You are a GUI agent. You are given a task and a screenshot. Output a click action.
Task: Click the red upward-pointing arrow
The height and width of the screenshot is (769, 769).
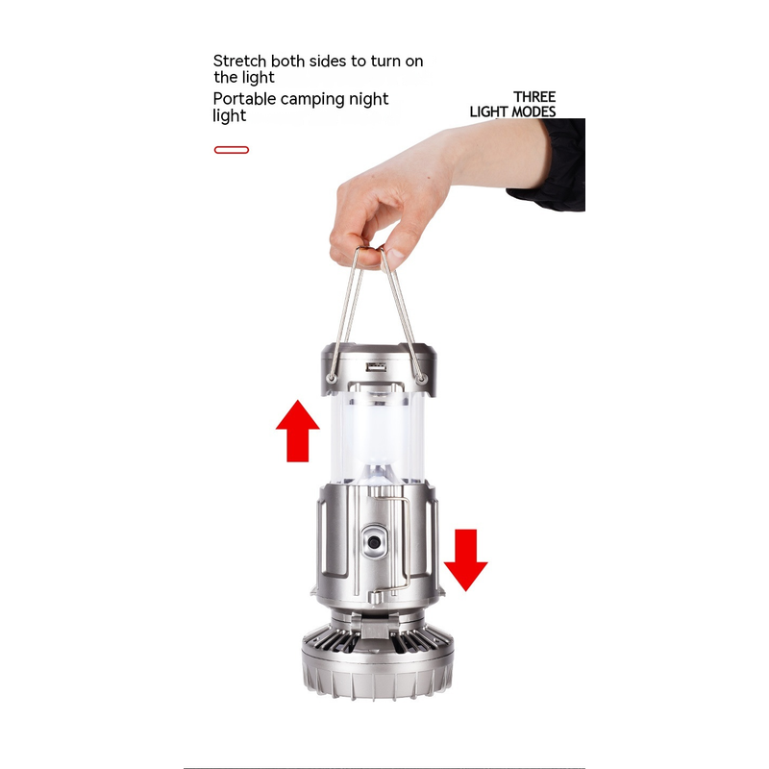pyautogui.click(x=298, y=431)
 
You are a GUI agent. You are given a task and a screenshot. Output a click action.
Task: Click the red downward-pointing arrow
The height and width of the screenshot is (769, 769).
pyautogui.click(x=465, y=559)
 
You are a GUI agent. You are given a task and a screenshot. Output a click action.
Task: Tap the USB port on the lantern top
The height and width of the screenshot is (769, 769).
pyautogui.click(x=376, y=367)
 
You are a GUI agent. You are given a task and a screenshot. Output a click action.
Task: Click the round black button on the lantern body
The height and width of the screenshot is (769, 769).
pyautogui.click(x=375, y=542)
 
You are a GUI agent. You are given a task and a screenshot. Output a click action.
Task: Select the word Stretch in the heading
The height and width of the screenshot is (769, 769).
pyautogui.click(x=239, y=61)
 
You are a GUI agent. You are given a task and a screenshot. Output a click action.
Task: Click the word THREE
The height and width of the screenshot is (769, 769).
pyautogui.click(x=534, y=97)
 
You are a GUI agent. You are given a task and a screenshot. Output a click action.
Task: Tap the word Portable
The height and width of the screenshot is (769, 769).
pyautogui.click(x=244, y=99)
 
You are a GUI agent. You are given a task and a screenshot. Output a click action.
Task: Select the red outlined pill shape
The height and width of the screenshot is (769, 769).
pyautogui.click(x=232, y=150)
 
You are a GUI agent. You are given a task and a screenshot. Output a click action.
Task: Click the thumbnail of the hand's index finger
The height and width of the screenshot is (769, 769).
pyautogui.click(x=395, y=253)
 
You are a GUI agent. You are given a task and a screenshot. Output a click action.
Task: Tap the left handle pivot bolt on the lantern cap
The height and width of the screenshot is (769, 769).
pyautogui.click(x=332, y=378)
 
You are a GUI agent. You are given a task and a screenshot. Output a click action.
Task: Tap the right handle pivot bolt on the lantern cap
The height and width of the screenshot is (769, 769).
pyautogui.click(x=421, y=378)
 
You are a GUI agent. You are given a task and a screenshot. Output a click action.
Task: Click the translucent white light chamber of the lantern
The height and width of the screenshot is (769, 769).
pyautogui.click(x=377, y=436)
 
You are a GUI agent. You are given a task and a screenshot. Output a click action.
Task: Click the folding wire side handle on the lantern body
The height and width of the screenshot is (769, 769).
pyautogui.click(x=407, y=544)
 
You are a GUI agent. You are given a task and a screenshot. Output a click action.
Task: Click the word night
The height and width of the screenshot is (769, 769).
pyautogui.click(x=368, y=100)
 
